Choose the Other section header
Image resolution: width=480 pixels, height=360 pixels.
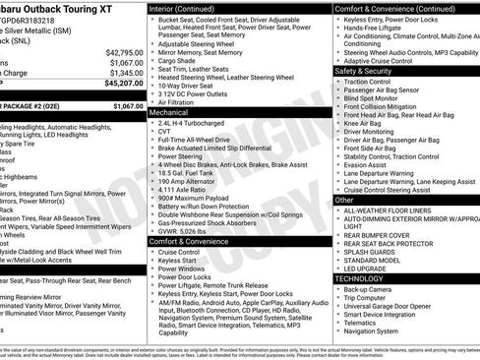344,199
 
